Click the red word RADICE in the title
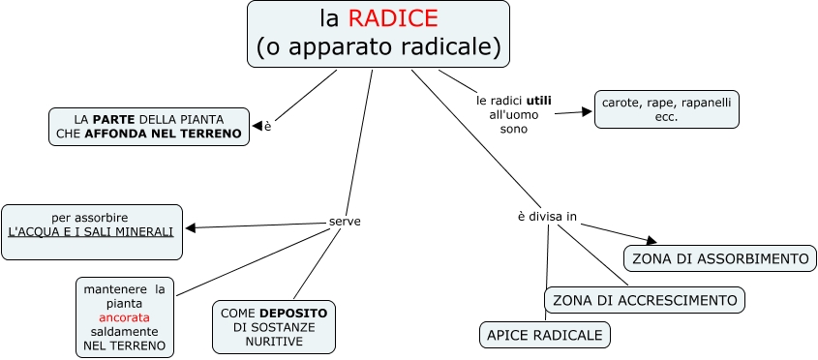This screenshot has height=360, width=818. tap(393, 18)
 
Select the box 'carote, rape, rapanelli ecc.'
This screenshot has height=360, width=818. tap(666, 108)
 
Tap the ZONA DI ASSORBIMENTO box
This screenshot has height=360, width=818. tap(718, 258)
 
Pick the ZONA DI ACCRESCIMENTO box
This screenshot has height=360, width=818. tap(645, 300)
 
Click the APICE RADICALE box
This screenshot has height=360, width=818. tap(545, 336)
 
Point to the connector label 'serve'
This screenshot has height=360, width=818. tap(345, 222)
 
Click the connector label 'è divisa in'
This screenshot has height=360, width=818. tap(547, 216)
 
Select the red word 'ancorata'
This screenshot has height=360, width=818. tap(124, 317)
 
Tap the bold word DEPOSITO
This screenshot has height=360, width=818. tap(291, 314)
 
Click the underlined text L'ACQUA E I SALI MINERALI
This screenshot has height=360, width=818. tap(91, 232)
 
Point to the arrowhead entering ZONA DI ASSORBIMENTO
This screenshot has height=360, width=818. tap(651, 241)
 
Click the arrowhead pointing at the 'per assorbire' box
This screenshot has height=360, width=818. tap(191, 228)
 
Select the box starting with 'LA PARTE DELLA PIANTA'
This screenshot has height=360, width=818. tap(149, 126)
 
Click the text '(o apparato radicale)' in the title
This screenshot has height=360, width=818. tap(379, 45)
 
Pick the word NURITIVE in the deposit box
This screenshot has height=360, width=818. tap(274, 342)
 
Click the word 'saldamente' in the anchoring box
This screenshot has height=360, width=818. tap(124, 331)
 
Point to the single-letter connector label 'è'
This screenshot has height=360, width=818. tap(267, 126)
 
